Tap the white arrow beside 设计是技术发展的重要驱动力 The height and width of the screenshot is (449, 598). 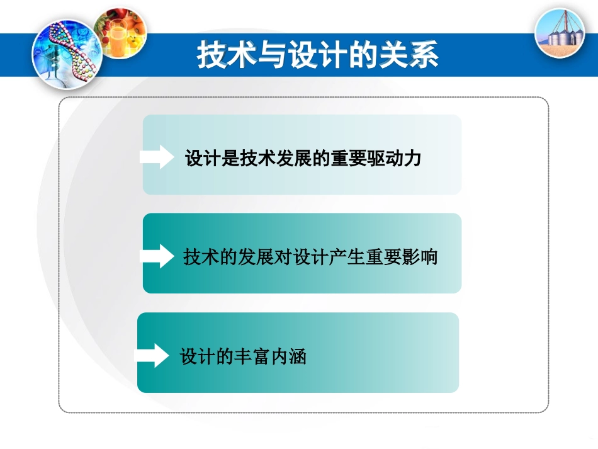[x=157, y=157]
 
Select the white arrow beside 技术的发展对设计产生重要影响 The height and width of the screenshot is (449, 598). [x=157, y=256]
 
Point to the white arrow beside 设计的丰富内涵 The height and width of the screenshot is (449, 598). [x=153, y=356]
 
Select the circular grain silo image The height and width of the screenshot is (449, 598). [x=559, y=32]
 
